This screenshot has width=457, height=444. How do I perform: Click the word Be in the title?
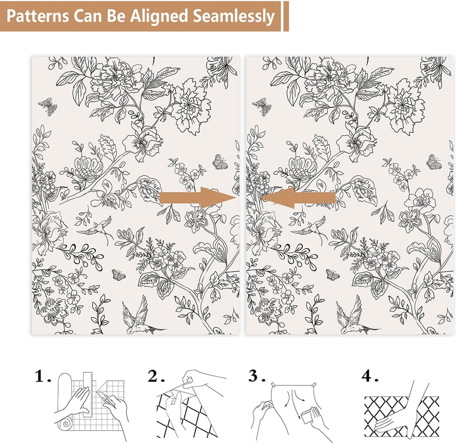point(114,16)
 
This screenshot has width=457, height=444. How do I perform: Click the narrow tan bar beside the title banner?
point(286,16)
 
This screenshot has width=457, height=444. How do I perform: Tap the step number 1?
point(41,377)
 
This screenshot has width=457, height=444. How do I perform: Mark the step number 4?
point(368,376)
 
